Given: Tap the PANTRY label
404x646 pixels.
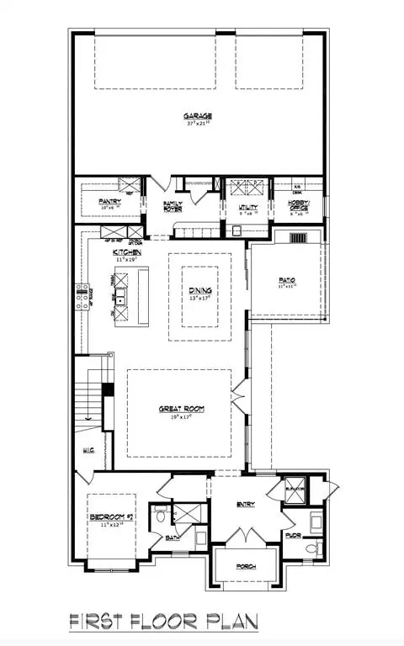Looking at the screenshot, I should tap(110, 201).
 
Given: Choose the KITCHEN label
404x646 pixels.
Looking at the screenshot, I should tap(127, 252).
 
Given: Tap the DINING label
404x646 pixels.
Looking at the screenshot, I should tap(200, 290).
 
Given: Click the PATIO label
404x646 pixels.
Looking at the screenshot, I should tap(288, 280).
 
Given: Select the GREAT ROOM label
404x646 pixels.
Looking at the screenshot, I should tap(182, 409).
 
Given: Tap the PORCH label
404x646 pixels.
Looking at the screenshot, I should tap(246, 566).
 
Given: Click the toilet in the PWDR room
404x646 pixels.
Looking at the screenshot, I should tap(311, 549).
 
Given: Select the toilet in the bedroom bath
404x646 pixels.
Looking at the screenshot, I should tap(161, 516).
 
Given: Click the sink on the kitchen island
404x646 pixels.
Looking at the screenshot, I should tap(121, 299).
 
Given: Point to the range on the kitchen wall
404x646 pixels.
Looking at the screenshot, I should tap(83, 298).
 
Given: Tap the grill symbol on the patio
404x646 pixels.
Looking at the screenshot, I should tap(300, 238).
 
